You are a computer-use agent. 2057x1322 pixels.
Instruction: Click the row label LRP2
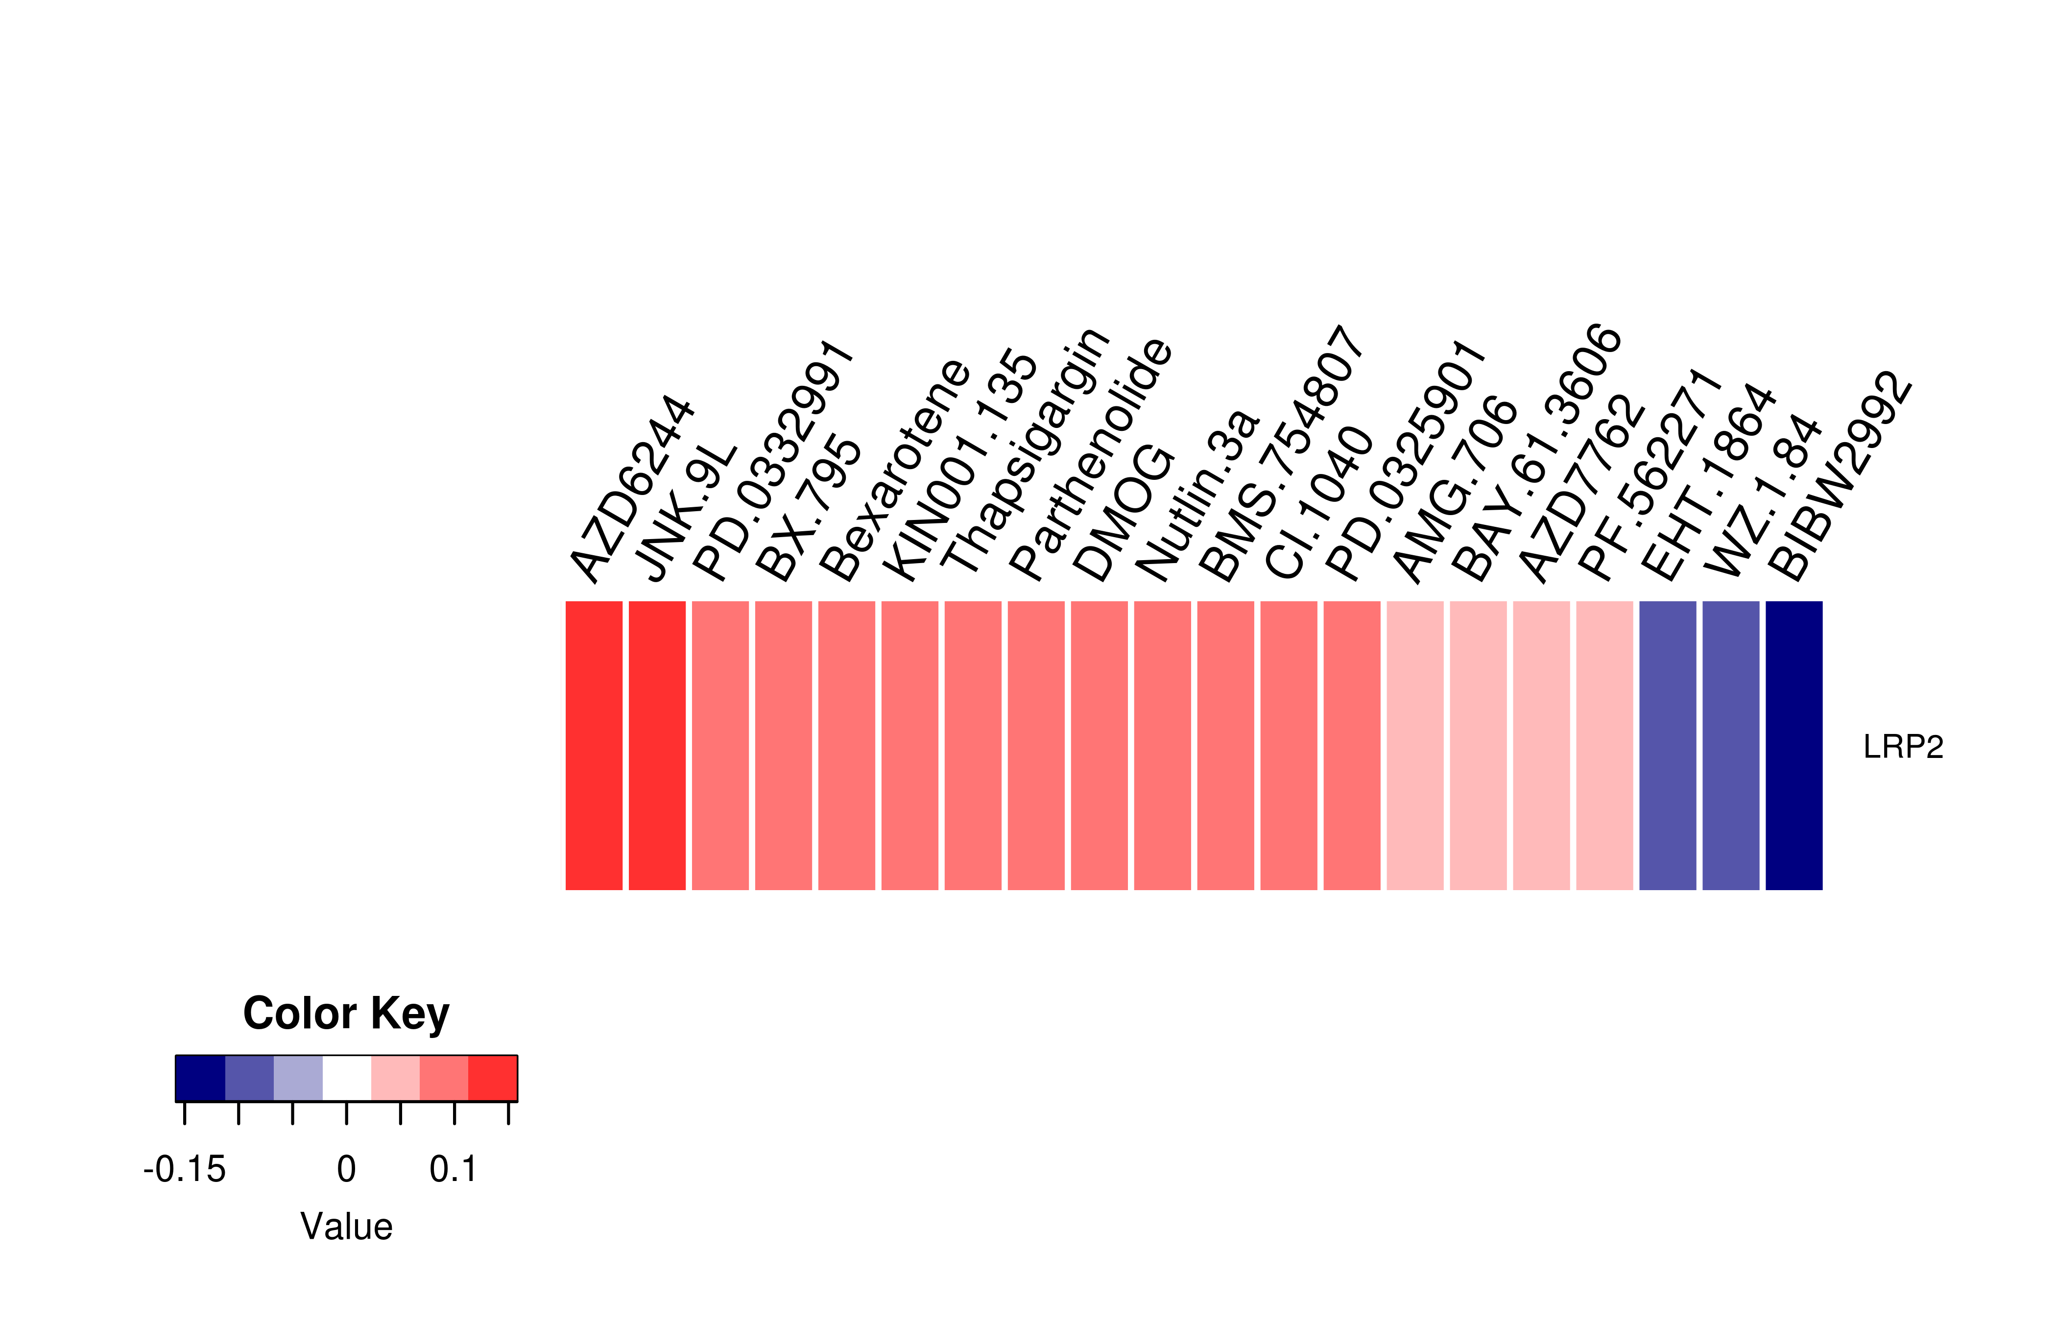(1902, 747)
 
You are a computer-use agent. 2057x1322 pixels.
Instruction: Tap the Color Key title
(346, 1014)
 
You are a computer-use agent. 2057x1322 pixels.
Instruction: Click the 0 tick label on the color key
(346, 1169)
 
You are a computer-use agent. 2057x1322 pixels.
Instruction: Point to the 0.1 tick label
(454, 1169)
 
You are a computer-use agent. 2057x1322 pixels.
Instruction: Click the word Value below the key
(346, 1227)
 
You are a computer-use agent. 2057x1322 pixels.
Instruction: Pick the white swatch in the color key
(347, 1078)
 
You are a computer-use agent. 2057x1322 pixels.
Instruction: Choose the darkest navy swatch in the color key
(200, 1078)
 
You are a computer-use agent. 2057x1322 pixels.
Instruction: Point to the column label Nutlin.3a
(1197, 496)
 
